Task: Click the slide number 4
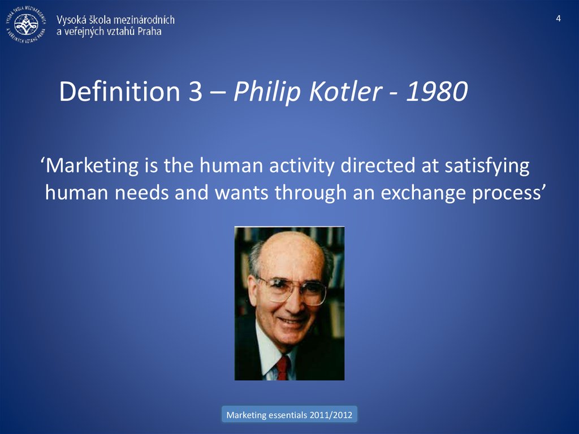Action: (559, 19)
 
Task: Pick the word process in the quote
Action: (509, 194)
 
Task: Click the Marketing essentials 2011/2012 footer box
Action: (289, 415)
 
